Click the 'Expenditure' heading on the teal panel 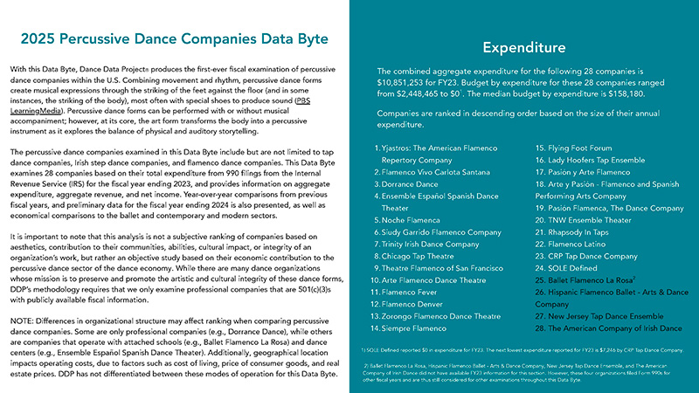tap(524, 46)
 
